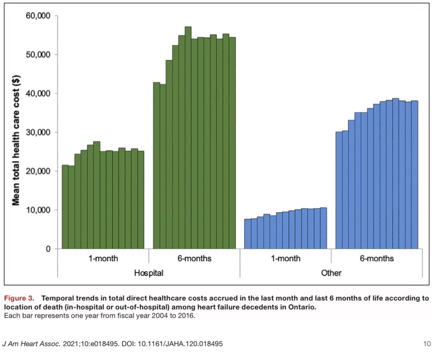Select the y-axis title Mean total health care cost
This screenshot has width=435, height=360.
click(16, 133)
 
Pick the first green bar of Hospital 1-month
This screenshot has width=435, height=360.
click(65, 207)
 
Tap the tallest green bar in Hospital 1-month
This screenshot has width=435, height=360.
click(97, 195)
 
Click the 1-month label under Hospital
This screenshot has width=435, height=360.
click(103, 258)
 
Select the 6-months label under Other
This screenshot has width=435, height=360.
click(377, 258)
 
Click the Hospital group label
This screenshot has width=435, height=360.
click(148, 273)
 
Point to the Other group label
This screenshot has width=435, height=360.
click(331, 273)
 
